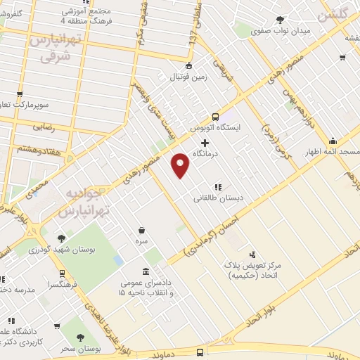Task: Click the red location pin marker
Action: [x=181, y=165]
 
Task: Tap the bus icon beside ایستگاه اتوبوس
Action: [x=215, y=117]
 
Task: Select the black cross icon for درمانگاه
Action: [x=205, y=143]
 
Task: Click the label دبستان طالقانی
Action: [x=218, y=198]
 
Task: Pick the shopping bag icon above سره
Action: [x=141, y=230]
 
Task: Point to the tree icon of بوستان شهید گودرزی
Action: [x=62, y=238]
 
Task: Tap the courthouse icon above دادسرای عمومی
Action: [x=146, y=271]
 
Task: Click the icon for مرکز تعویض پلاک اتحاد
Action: [x=252, y=254]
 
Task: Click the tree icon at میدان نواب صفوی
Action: [x=281, y=20]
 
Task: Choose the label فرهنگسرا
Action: [x=43, y=285]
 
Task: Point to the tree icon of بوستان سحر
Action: [x=79, y=337]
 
